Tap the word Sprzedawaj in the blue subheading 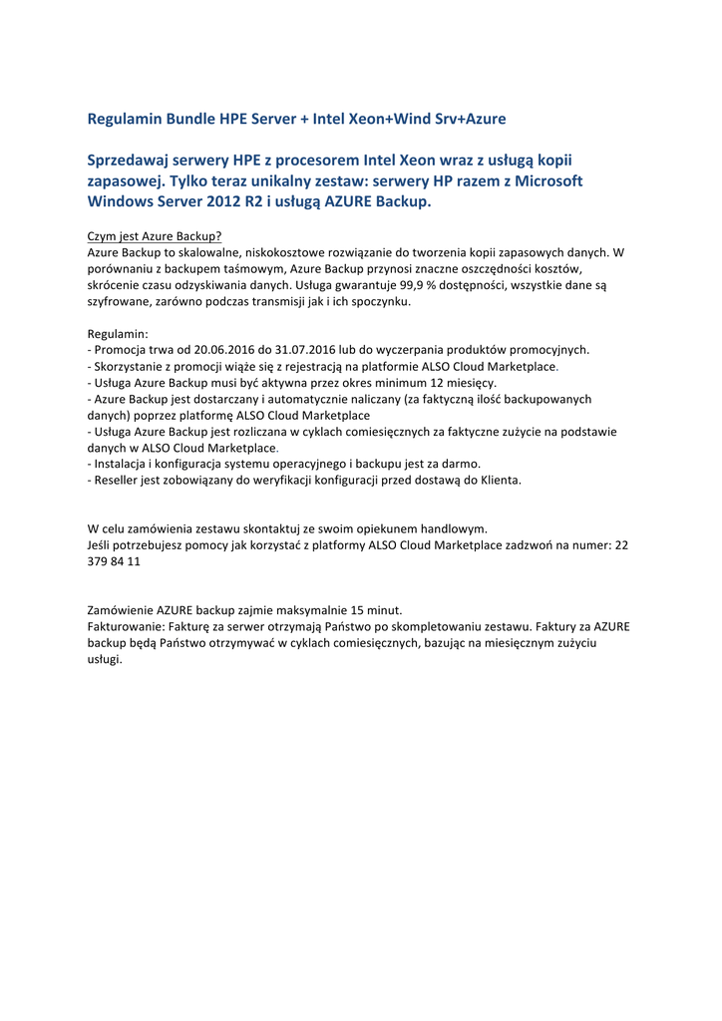coord(127,160)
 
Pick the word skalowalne coord(198,252)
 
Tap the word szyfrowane coord(118,301)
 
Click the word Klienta coord(501,480)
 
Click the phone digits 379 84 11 coord(114,561)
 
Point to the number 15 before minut coord(360,609)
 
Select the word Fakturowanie coord(125,626)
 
